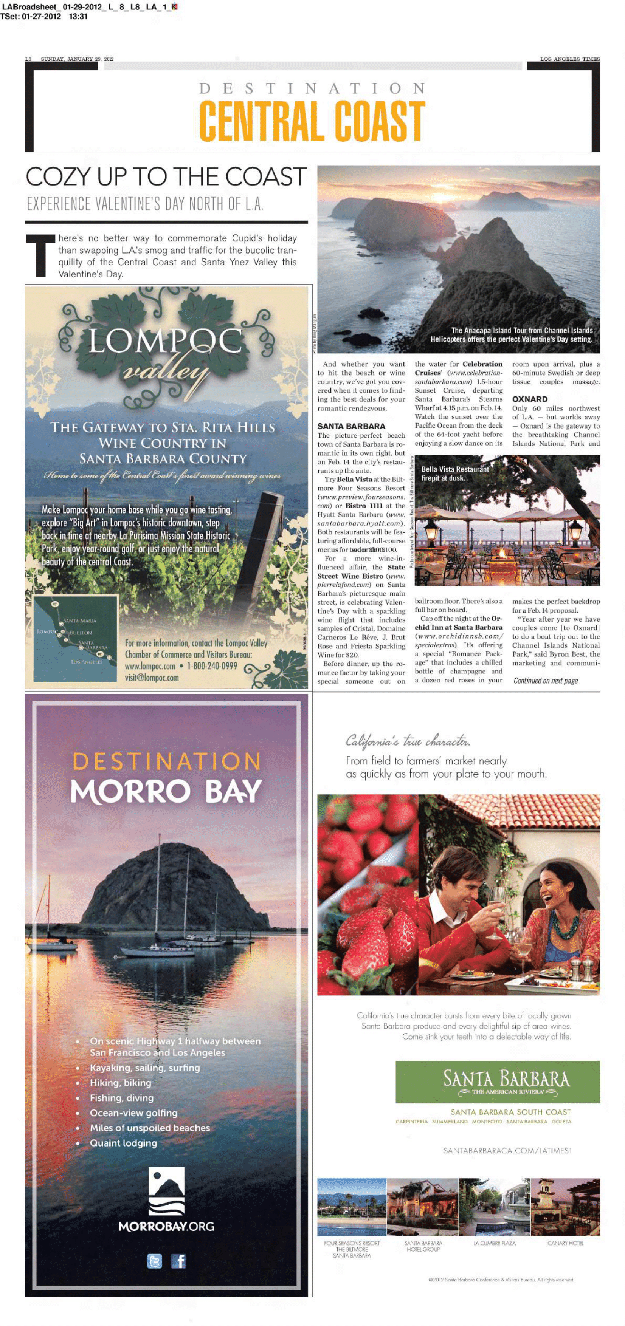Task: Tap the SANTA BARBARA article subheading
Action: (351, 426)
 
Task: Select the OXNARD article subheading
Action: (530, 399)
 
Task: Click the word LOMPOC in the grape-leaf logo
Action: (165, 341)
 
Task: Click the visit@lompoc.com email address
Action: (152, 678)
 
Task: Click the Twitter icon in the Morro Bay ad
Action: (155, 1261)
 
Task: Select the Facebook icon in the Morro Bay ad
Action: (178, 1261)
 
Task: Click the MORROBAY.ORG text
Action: (166, 1226)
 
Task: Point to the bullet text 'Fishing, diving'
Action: (122, 1097)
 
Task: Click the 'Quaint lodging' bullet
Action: (123, 1143)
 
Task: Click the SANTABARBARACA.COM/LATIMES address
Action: (507, 1150)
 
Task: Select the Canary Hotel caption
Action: (565, 1243)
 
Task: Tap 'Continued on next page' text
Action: (546, 681)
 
